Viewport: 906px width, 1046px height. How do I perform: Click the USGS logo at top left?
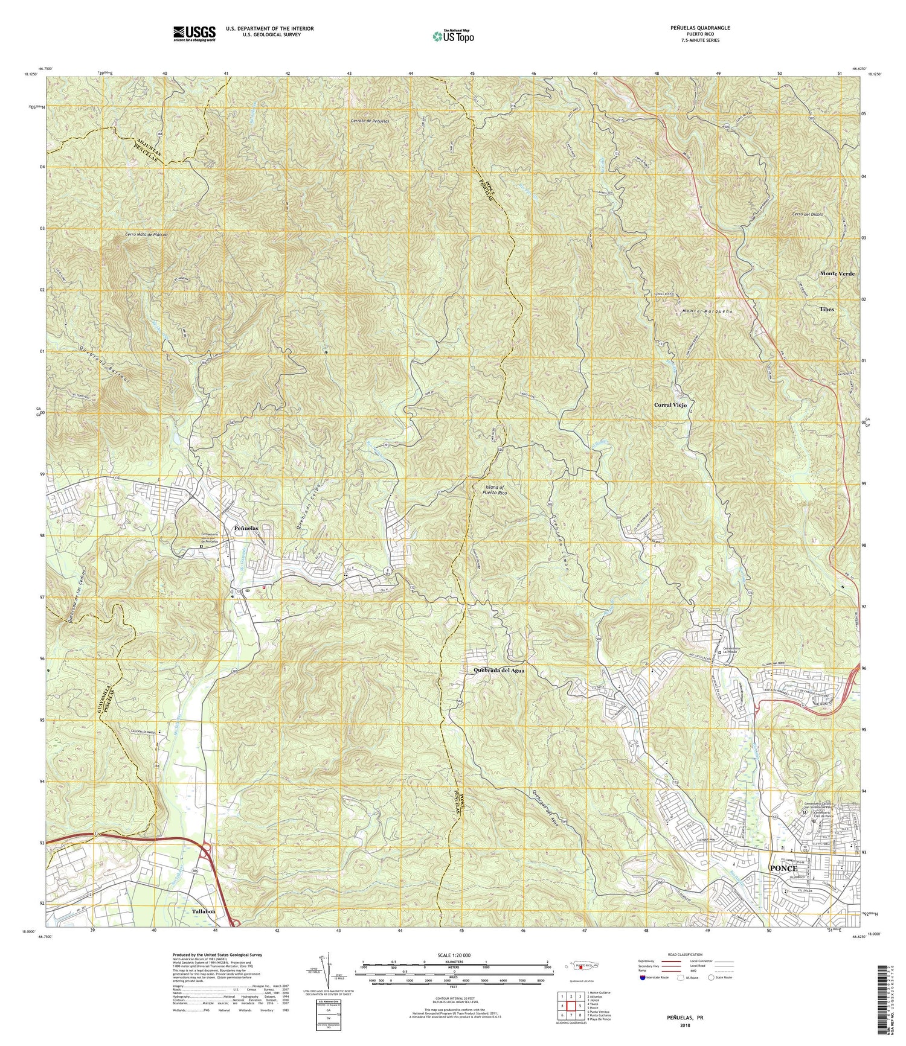click(x=194, y=33)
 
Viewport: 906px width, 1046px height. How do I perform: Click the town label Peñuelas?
click(x=246, y=528)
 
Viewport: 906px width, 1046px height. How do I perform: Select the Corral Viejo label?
click(x=670, y=406)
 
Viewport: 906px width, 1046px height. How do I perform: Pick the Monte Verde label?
click(x=837, y=273)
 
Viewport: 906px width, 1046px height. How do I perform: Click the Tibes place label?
click(x=826, y=309)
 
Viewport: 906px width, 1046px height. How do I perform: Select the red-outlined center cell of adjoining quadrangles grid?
click(x=571, y=1006)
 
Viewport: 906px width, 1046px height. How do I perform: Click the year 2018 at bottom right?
click(x=685, y=1025)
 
